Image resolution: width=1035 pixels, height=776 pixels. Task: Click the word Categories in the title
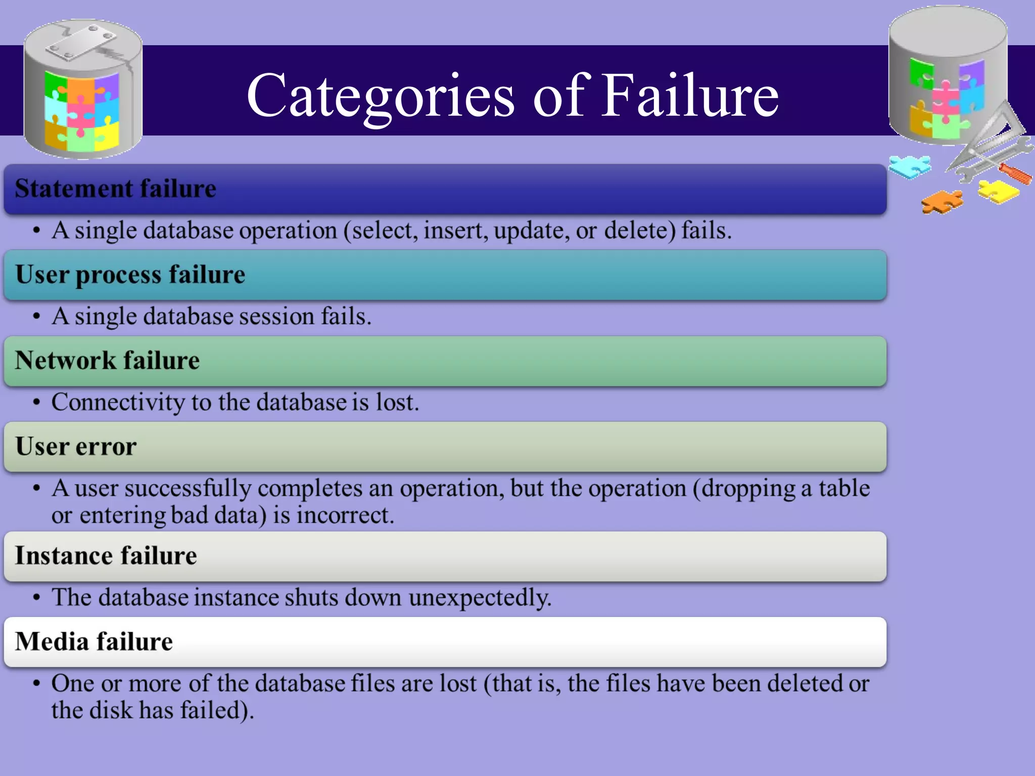pyautogui.click(x=381, y=96)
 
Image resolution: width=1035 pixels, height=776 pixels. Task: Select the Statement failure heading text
pyautogui.click(x=116, y=188)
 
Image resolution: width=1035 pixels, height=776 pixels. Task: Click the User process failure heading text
pyautogui.click(x=130, y=275)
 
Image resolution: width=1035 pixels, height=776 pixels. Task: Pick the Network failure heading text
pyautogui.click(x=107, y=361)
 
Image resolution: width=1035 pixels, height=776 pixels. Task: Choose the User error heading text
pyautogui.click(x=76, y=447)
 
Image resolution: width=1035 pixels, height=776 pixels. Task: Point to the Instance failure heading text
pyautogui.click(x=106, y=556)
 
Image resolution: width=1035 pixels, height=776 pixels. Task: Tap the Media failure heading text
pyautogui.click(x=94, y=642)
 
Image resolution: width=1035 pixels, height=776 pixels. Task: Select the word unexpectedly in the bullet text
pyautogui.click(x=480, y=598)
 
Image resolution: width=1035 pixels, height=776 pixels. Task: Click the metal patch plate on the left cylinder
pyautogui.click(x=81, y=44)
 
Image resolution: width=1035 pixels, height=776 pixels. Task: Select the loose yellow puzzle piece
pyautogui.click(x=998, y=191)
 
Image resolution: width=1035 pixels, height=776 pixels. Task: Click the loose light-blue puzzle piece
pyautogui.click(x=910, y=166)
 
